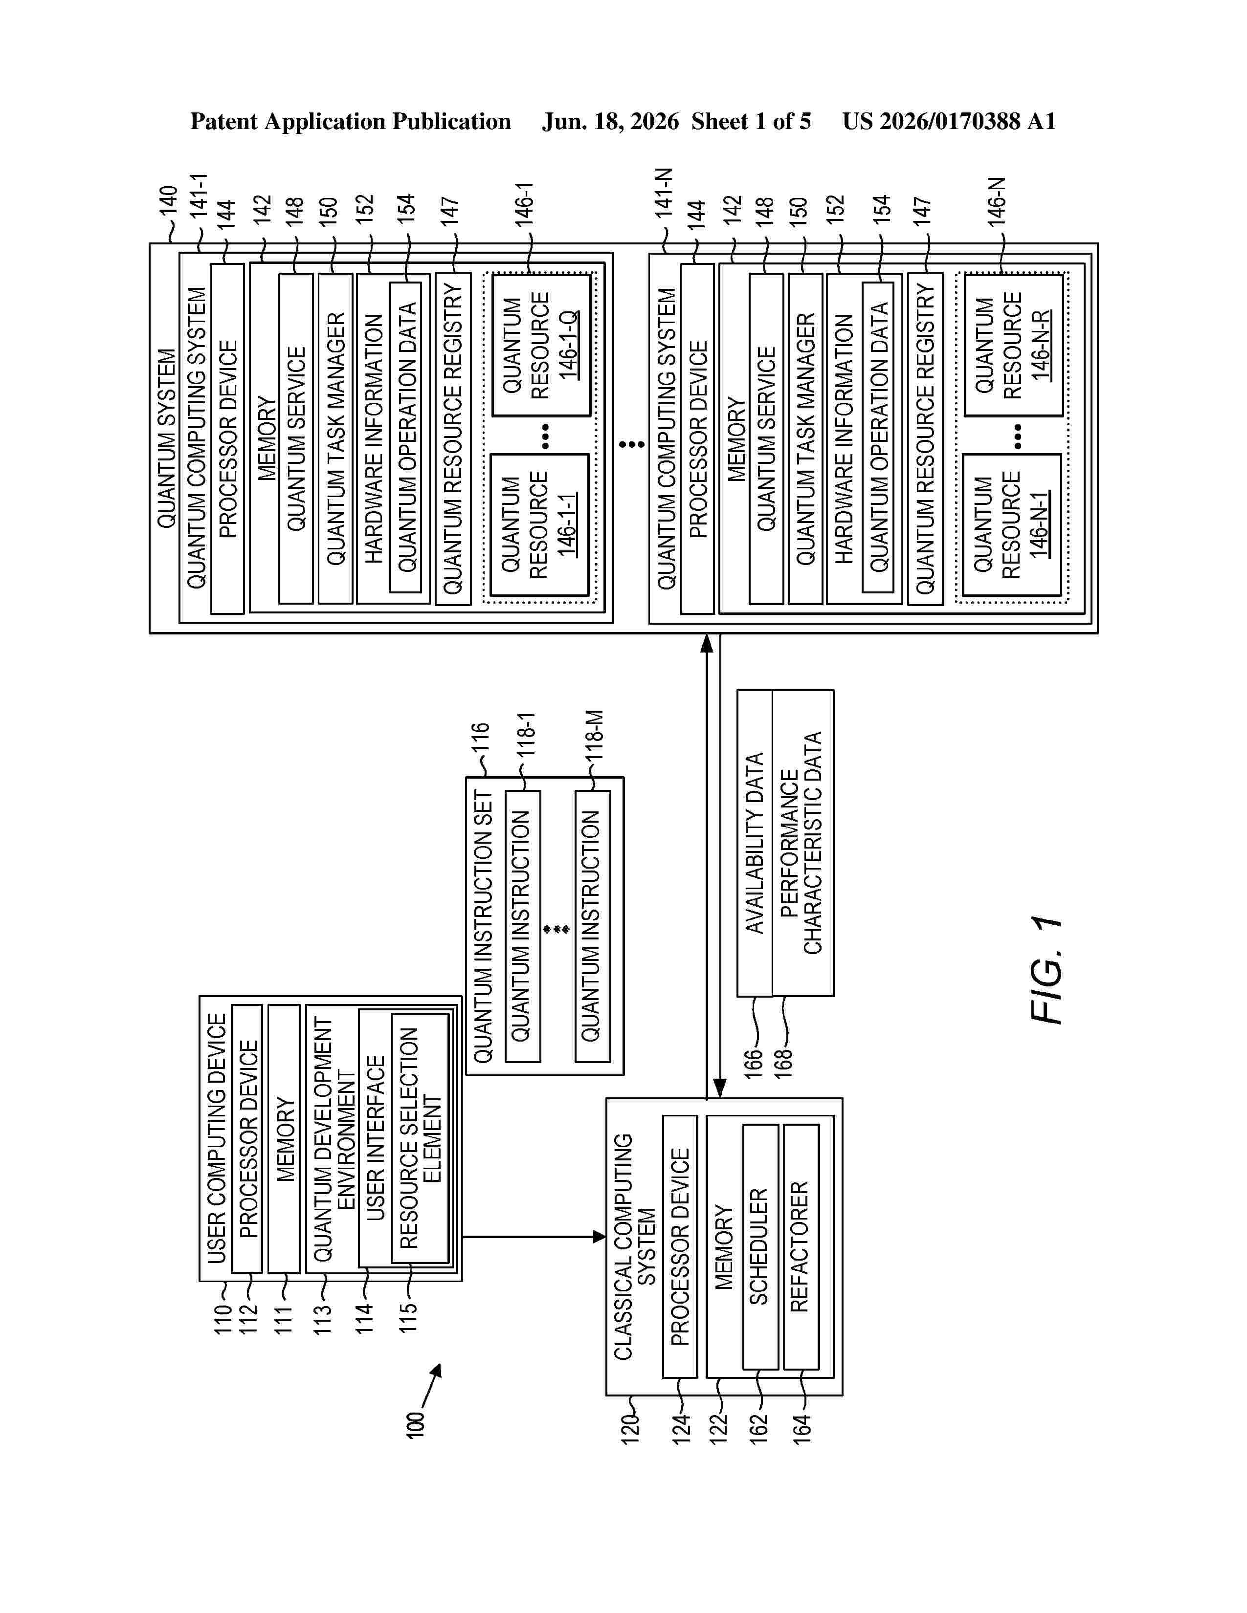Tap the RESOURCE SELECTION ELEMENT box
(420, 1138)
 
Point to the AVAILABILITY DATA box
(754, 843)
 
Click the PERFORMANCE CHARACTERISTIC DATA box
(803, 843)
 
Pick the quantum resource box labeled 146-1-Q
(541, 345)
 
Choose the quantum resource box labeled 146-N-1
(1011, 525)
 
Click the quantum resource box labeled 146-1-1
(540, 525)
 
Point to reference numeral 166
(753, 1064)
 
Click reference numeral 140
(168, 201)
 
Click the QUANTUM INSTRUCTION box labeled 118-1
(522, 926)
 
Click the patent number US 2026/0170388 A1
(949, 121)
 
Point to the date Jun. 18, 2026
(610, 121)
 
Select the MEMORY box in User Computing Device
(284, 1138)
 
